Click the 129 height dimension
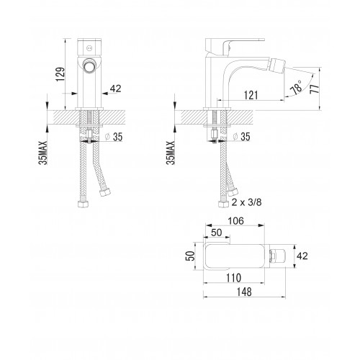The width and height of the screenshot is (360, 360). [x=60, y=74]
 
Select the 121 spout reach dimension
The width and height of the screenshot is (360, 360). [x=251, y=95]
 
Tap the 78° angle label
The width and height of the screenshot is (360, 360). [x=297, y=87]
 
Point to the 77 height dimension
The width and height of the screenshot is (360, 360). [x=315, y=89]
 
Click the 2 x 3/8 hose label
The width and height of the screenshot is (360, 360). [x=246, y=202]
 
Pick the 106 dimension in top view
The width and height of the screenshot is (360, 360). [x=235, y=221]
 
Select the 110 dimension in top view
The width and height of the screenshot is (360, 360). [x=234, y=278]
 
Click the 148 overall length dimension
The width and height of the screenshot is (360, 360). [x=244, y=292]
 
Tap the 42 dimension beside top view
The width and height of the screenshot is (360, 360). [x=302, y=256]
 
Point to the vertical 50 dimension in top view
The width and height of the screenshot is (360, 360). [x=189, y=256]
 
